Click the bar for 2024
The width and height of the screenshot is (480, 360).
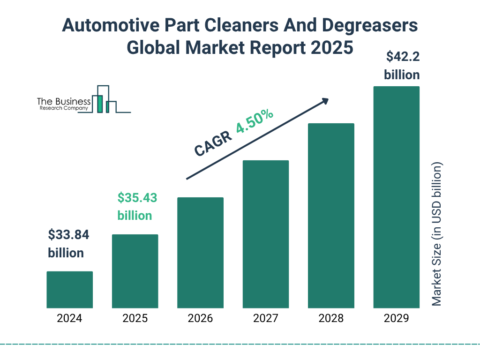tap(69, 290)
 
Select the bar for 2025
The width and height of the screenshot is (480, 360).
tap(135, 271)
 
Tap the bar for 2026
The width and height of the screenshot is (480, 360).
tap(200, 253)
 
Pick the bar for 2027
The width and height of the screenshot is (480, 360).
tap(265, 234)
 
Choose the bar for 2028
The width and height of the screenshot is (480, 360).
tap(331, 216)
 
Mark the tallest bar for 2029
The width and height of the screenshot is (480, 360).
tap(396, 197)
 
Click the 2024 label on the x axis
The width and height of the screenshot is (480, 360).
tap(69, 319)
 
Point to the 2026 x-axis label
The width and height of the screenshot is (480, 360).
tap(200, 319)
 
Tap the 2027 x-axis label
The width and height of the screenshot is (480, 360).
tap(265, 319)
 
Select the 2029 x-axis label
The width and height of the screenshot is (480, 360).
tap(396, 319)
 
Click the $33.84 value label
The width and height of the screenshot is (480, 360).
tap(68, 235)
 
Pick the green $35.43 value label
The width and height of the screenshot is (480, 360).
tap(137, 198)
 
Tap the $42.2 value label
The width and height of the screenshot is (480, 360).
tap(402, 57)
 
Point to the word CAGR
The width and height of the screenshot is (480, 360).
tap(212, 143)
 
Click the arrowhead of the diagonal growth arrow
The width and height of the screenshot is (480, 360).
tap(325, 101)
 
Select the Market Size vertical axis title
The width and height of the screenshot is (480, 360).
tap(436, 234)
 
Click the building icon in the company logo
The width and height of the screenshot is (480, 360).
tap(104, 99)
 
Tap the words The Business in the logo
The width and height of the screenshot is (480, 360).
tap(64, 102)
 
